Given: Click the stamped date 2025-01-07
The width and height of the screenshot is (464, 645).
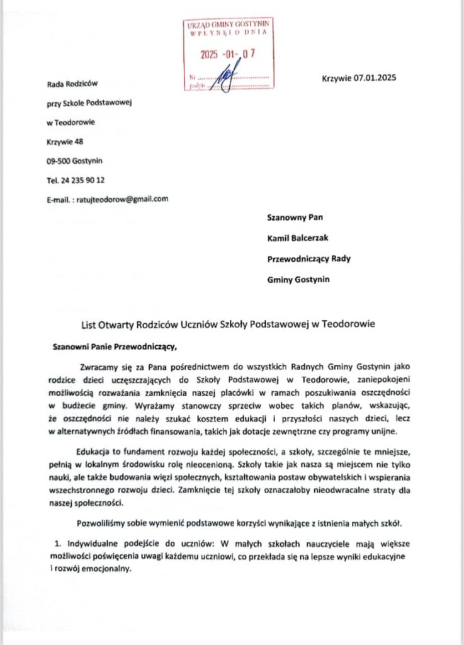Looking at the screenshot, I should [230, 54].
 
